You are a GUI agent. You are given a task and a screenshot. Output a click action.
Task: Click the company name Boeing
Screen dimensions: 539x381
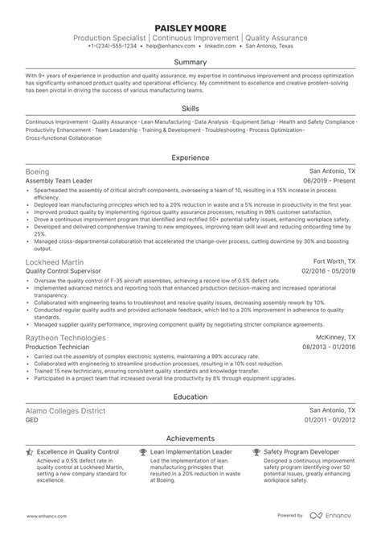tap(37, 172)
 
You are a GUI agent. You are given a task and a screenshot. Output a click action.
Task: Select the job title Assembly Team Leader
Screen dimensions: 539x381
tap(57, 182)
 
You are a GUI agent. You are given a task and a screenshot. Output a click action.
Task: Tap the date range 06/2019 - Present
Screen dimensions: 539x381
tap(327, 182)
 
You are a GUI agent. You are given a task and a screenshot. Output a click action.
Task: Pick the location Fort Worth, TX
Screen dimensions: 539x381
tap(334, 262)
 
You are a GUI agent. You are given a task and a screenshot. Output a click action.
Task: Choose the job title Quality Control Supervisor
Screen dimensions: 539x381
tap(62, 272)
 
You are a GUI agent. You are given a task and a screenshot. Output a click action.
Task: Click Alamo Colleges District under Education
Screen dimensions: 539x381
tap(65, 410)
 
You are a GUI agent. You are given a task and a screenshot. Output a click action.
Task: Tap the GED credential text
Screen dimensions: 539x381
tap(32, 420)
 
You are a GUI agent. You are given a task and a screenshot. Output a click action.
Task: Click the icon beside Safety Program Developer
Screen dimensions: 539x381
tap(256, 453)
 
